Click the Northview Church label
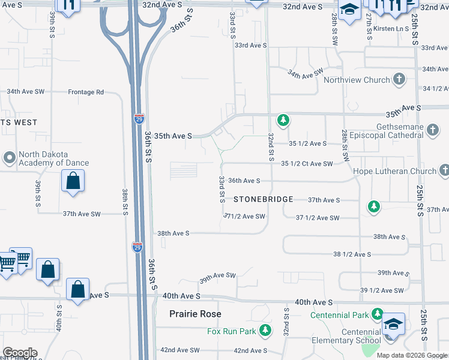point(357,80)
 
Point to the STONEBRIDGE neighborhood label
point(263,199)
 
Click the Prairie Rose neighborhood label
point(195,314)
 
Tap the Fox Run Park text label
point(231,331)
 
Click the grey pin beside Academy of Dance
point(8,158)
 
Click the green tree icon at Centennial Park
point(377,314)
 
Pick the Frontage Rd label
point(86,92)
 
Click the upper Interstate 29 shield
point(139,118)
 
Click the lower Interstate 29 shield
point(137,247)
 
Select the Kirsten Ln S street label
point(390,28)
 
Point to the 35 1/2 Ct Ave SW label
point(307,164)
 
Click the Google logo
point(20,353)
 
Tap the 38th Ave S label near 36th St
point(173,233)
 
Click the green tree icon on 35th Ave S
point(283,121)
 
